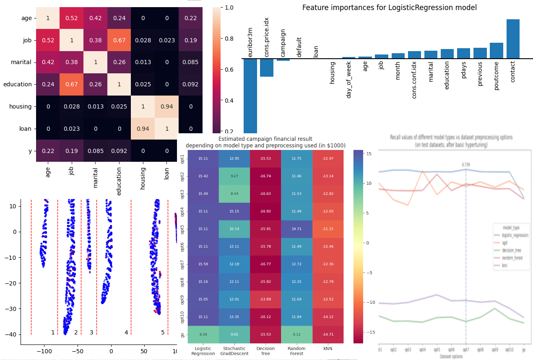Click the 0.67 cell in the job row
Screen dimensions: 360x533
(x=119, y=40)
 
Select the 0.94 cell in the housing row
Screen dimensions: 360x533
(x=166, y=106)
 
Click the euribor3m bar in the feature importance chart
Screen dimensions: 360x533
(x=250, y=96)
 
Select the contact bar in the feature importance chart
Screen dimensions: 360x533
(x=513, y=39)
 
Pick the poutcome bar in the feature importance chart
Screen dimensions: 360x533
(x=497, y=51)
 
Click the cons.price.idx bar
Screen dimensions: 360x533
(x=267, y=67)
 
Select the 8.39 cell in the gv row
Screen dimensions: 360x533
(x=203, y=334)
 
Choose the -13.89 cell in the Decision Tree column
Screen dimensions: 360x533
(x=265, y=299)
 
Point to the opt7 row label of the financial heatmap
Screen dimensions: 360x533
(x=182, y=264)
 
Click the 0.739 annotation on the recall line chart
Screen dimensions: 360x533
(x=466, y=165)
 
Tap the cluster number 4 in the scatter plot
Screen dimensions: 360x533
(x=126, y=332)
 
